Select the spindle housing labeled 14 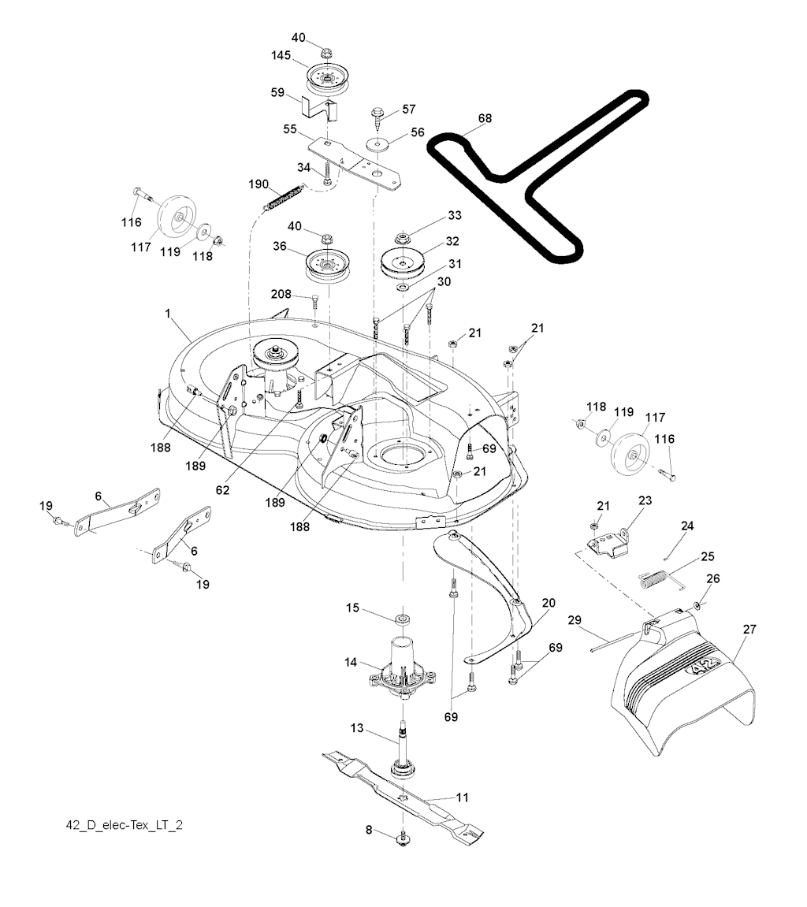[402, 666]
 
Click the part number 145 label [280, 57]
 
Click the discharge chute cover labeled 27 [686, 686]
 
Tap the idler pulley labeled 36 [325, 262]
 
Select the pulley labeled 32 [402, 262]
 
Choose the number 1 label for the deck [168, 313]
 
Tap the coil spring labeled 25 [656, 580]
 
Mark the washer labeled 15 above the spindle [402, 615]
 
